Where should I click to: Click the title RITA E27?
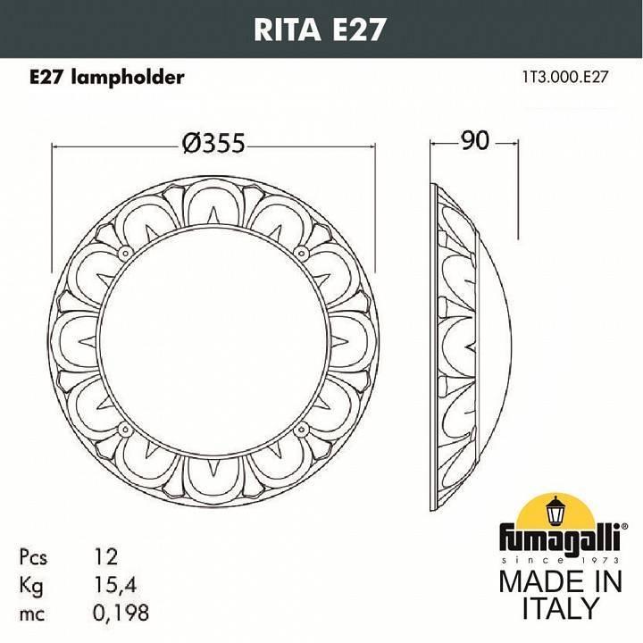coord(321,29)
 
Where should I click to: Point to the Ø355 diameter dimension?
coord(213,143)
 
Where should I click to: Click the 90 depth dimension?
coord(474,141)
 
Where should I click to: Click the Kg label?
coord(31,585)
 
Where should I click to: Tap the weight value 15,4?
coord(115,585)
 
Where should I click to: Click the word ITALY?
coord(559,609)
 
